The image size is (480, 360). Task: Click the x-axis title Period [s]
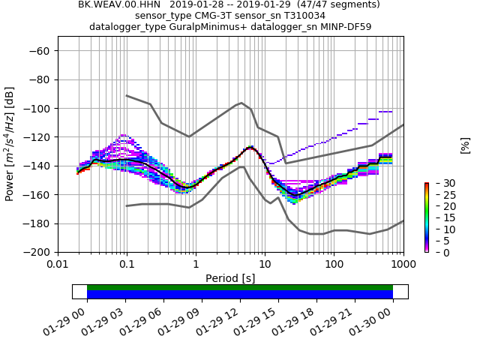[230, 278]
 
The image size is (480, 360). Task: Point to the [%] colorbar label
[465, 145]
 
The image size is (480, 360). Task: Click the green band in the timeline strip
[240, 287]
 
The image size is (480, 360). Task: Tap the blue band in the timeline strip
[240, 295]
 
